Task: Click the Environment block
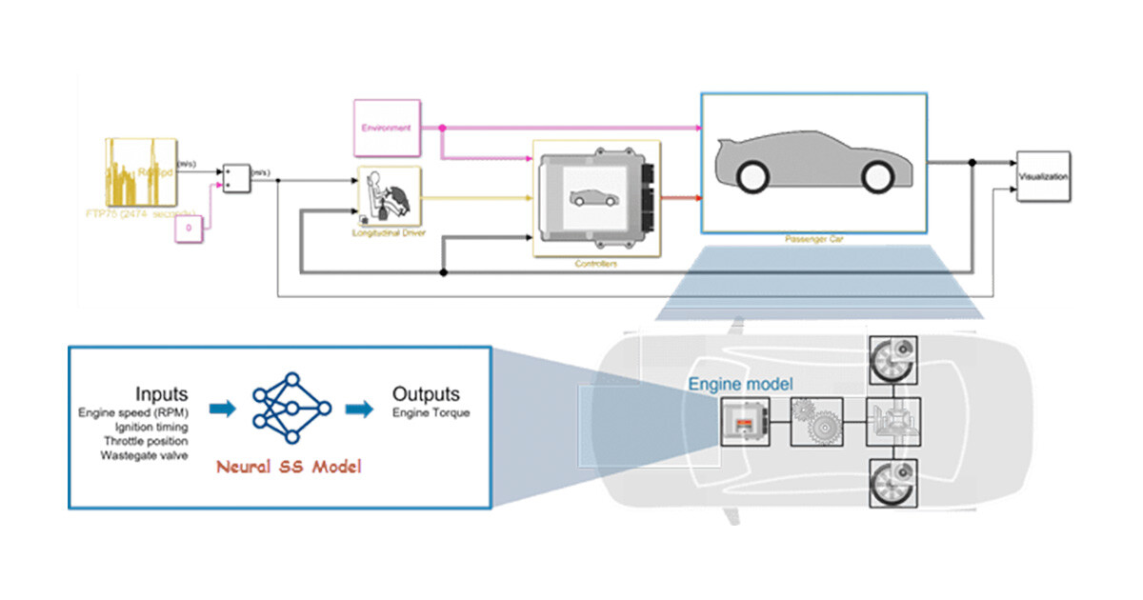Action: point(386,127)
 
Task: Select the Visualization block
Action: point(1042,176)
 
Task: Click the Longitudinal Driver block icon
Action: point(389,197)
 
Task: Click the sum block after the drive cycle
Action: point(236,177)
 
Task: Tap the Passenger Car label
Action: point(815,240)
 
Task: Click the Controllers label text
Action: point(596,263)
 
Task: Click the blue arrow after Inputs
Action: point(222,409)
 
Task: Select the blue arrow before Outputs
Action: point(359,409)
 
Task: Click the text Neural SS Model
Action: point(289,468)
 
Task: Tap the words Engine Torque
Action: point(431,412)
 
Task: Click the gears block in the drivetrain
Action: point(818,423)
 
